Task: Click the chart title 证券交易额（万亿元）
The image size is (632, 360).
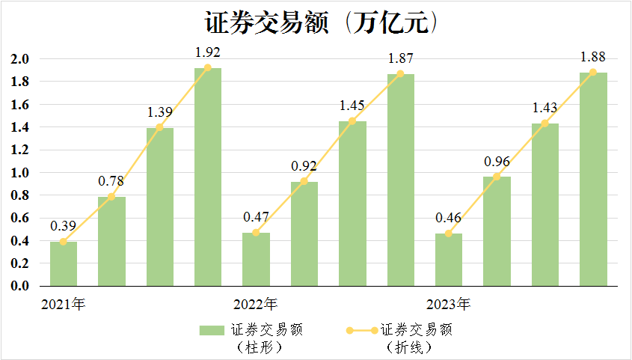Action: (322, 22)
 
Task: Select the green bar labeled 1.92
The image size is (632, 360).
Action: (208, 177)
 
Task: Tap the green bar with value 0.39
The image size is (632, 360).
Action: (64, 263)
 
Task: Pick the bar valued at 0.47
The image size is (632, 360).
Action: (256, 259)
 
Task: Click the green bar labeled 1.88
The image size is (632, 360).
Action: (593, 180)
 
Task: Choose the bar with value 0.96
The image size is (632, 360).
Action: (497, 231)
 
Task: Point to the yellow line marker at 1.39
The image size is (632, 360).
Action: (159, 127)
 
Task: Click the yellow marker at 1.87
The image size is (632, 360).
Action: (400, 74)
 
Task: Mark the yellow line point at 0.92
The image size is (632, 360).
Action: (304, 181)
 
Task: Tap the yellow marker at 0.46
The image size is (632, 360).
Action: (449, 234)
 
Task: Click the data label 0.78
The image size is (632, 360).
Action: (111, 181)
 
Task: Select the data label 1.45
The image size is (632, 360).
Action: (352, 106)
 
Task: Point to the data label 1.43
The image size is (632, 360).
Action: (545, 108)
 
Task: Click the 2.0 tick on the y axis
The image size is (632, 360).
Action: (20, 59)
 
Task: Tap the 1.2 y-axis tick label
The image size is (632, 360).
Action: (20, 150)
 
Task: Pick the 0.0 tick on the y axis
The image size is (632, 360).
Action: (20, 286)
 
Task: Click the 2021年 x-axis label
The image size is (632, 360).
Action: (64, 304)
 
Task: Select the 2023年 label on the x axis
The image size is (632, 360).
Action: (449, 304)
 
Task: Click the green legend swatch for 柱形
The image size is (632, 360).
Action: (212, 331)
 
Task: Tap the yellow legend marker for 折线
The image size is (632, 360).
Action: (362, 331)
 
